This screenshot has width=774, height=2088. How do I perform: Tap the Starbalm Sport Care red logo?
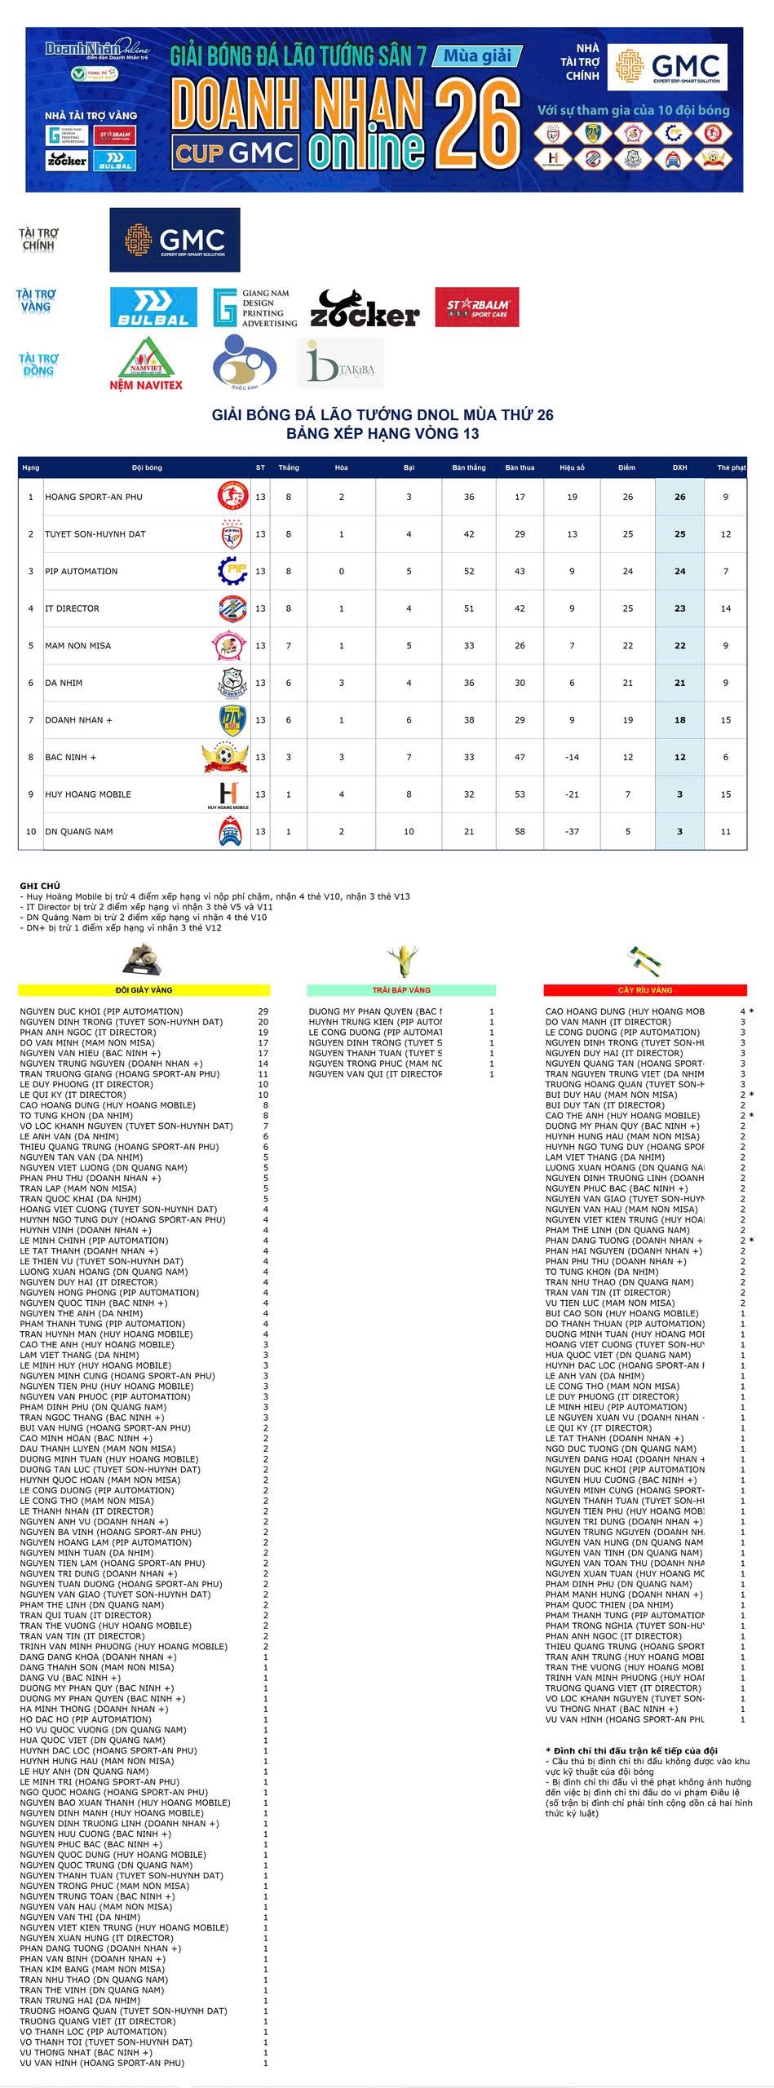476,307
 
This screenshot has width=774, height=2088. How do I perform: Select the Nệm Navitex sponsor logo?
147,365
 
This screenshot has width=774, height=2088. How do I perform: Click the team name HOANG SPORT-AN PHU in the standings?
94,497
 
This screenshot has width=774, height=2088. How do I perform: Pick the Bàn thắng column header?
469,467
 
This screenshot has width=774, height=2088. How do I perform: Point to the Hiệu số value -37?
572,832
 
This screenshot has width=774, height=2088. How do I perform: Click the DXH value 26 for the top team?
679,497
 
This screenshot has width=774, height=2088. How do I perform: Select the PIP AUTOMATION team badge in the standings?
232,571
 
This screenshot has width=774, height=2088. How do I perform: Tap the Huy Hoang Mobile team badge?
229,794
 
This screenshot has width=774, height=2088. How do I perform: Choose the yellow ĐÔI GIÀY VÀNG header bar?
144,990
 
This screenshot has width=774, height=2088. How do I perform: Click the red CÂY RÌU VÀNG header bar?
645,990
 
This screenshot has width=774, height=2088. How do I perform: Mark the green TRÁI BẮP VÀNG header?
401,990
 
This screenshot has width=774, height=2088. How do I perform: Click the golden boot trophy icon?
143,960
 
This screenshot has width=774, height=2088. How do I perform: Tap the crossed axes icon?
645,960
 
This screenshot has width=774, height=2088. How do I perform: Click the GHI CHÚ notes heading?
40,886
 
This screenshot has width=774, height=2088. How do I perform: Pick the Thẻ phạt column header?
731,467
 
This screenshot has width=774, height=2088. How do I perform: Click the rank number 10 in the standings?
31,832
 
